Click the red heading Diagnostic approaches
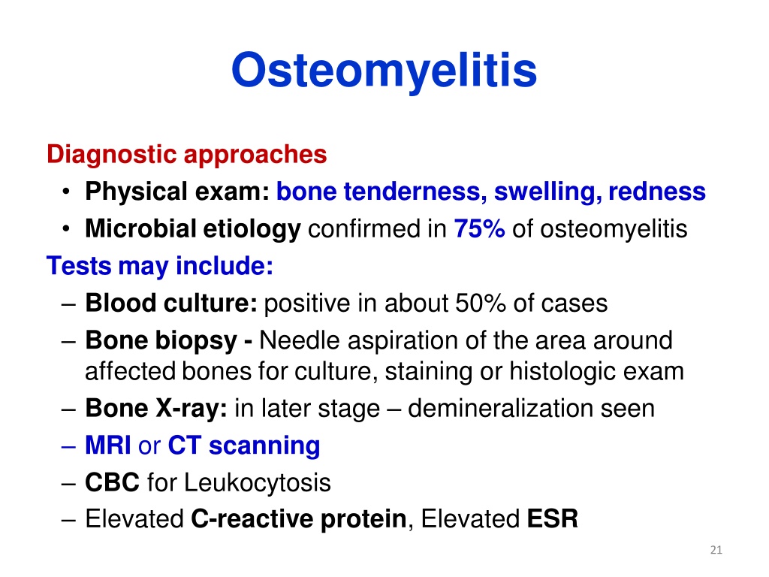[x=186, y=155]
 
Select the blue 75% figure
[x=479, y=228]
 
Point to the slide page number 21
[x=716, y=550]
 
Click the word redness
[x=656, y=192]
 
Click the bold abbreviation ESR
[x=552, y=519]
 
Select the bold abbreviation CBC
[x=113, y=482]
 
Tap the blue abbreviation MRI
[x=108, y=446]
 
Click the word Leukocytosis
[x=258, y=483]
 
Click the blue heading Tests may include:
[x=160, y=267]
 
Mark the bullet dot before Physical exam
[x=66, y=192]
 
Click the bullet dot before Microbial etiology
[x=66, y=229]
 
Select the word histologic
[x=562, y=372]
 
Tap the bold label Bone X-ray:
[x=156, y=409]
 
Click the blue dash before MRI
[x=68, y=447]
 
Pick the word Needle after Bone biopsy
[x=299, y=340]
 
